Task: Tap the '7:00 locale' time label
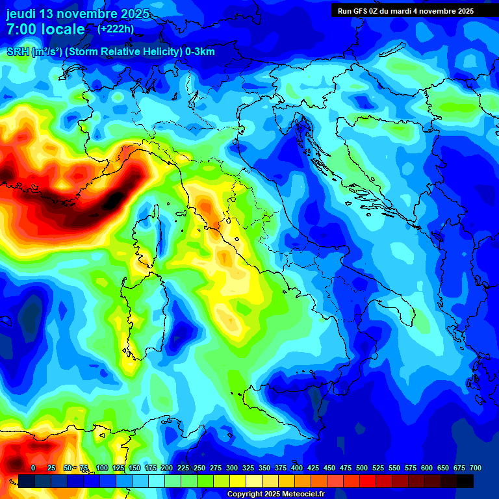click(x=45, y=29)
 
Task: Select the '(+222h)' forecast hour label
click(x=116, y=29)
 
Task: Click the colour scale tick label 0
click(x=33, y=468)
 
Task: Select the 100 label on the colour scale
click(x=102, y=468)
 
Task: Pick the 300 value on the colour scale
click(x=232, y=468)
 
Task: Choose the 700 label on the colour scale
click(x=476, y=468)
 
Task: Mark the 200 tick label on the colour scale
click(x=167, y=468)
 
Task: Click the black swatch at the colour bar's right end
click(x=465, y=481)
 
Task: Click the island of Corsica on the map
click(x=146, y=240)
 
